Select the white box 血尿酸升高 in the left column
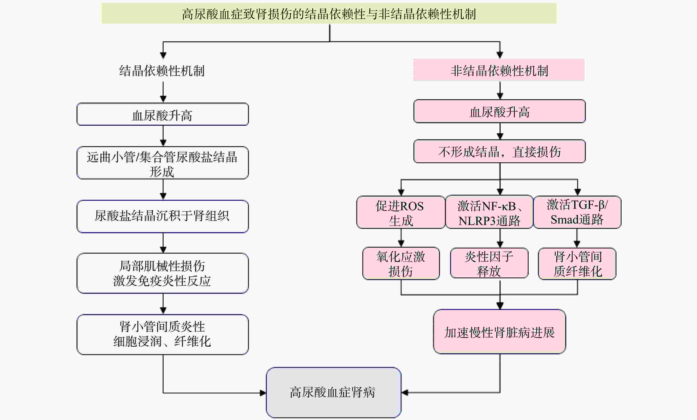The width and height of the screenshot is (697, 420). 163,114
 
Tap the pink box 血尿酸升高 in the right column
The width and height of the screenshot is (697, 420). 499,111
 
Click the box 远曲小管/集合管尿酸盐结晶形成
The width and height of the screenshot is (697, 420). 163,163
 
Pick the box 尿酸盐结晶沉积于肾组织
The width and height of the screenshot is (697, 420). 163,216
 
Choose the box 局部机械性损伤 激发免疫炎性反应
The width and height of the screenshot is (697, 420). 163,273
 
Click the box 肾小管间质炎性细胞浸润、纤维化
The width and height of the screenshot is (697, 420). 163,334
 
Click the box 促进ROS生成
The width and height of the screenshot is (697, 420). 400,212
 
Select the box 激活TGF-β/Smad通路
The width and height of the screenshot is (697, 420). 577,212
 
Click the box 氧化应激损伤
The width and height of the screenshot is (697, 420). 401,264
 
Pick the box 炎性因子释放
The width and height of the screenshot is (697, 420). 489,263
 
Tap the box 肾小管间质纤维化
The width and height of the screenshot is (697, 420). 577,264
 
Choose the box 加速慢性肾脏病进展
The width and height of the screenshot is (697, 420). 499,332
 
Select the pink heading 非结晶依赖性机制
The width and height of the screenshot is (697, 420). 499,70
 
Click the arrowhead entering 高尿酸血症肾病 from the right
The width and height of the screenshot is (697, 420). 405,393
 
